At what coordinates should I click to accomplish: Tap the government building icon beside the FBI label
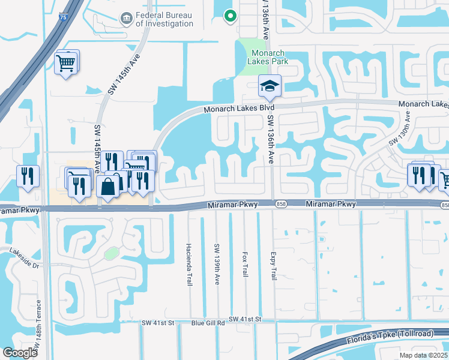126,19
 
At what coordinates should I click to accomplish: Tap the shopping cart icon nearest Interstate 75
67,61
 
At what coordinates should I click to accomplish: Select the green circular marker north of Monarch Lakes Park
229,17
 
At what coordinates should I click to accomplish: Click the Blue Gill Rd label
208,322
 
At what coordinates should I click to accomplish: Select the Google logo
20,352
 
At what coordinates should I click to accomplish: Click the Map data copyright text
424,355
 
